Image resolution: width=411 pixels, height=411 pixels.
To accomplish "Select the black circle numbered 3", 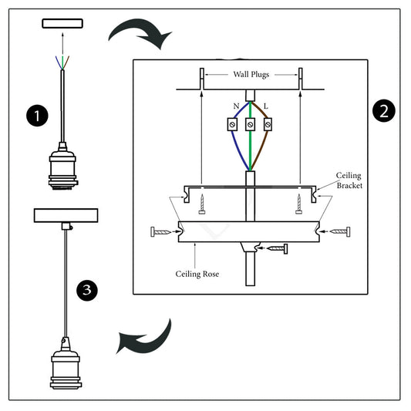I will click(89, 290).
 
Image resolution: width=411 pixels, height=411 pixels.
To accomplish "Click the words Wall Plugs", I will click(251, 75).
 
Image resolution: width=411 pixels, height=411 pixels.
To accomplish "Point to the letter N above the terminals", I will click(236, 104).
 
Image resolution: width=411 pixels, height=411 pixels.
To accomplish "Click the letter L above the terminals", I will click(266, 104).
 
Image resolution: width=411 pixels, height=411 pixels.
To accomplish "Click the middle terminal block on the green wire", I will click(251, 124).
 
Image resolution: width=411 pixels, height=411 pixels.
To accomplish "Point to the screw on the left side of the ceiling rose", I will click(162, 231).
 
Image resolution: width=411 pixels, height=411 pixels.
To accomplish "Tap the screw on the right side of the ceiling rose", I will click(340, 231).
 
